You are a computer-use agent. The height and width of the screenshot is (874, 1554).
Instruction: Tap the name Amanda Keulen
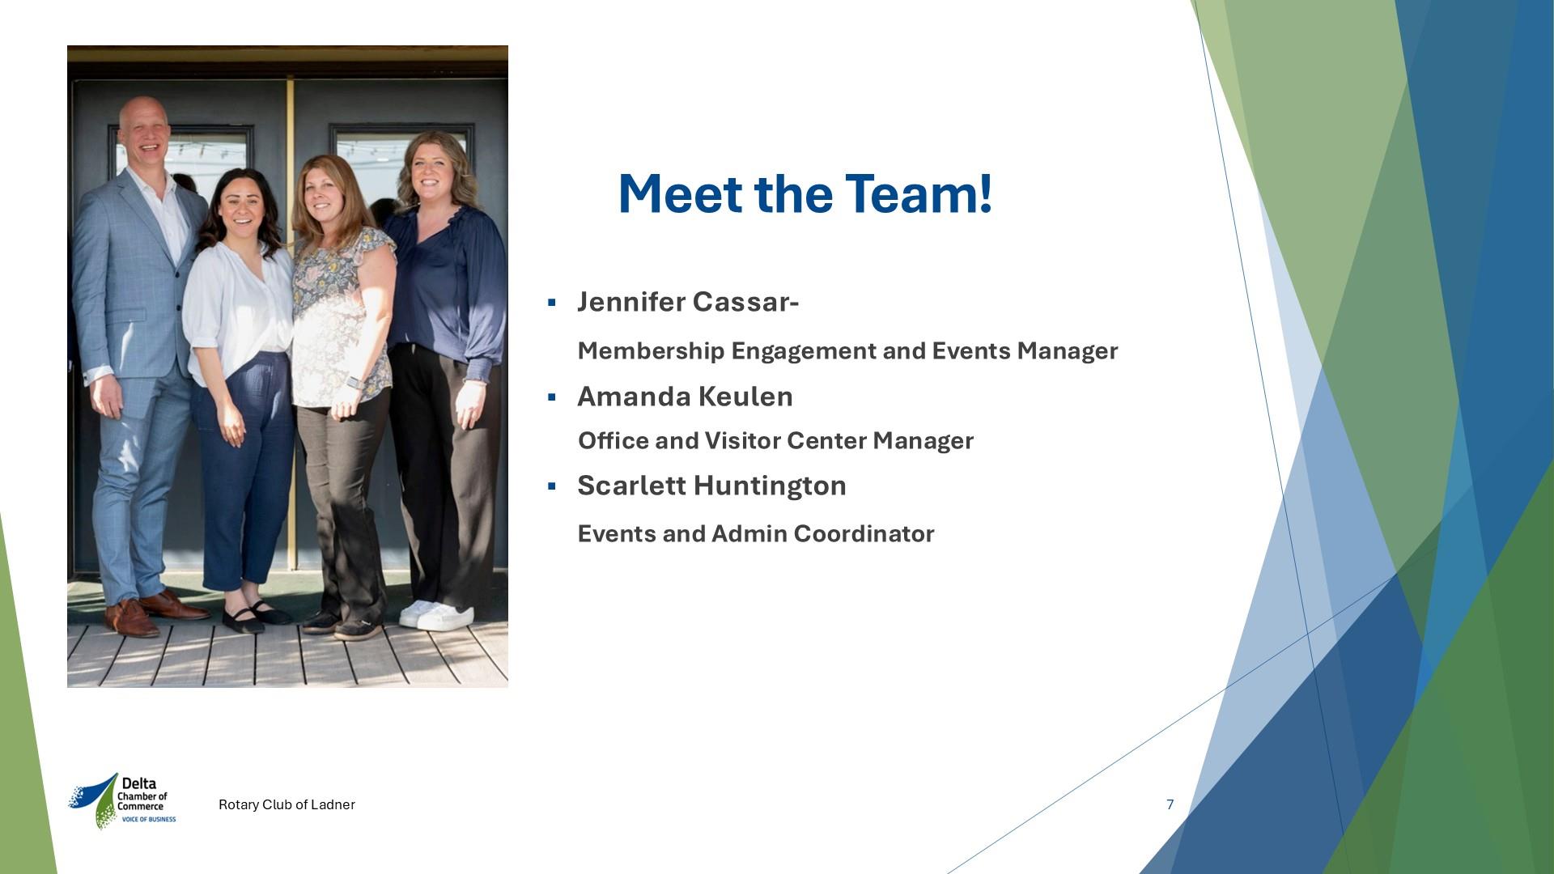[685, 397]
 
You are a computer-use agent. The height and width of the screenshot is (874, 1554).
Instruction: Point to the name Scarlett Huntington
[711, 486]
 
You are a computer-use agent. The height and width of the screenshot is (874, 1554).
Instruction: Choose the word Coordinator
[864, 534]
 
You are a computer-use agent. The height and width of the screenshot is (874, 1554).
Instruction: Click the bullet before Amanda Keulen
[552, 397]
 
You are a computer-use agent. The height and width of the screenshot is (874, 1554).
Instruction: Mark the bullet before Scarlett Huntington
[552, 486]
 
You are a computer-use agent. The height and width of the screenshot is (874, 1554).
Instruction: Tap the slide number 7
[1170, 804]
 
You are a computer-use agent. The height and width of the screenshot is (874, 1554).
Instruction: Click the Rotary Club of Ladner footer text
[287, 804]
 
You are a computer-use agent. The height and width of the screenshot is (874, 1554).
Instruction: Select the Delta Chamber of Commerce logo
[122, 801]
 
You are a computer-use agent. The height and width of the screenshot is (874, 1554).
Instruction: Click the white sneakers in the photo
[436, 615]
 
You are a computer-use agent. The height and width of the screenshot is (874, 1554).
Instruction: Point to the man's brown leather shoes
[154, 612]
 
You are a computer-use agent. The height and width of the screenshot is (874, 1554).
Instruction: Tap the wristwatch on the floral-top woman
[353, 383]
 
